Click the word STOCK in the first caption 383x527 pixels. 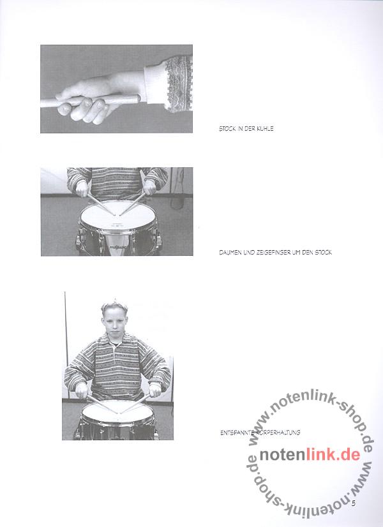pyautogui.click(x=227, y=129)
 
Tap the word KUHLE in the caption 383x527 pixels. pyautogui.click(x=265, y=129)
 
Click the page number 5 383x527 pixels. pyautogui.click(x=354, y=503)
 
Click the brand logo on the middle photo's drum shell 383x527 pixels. pyautogui.click(x=117, y=248)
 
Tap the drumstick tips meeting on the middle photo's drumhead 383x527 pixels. pyautogui.click(x=117, y=214)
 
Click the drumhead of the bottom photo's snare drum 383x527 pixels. pyautogui.click(x=117, y=413)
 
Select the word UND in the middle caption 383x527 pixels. pyautogui.click(x=248, y=252)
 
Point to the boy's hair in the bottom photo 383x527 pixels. pyautogui.click(x=114, y=306)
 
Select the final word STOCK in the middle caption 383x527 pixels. pyautogui.click(x=324, y=252)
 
